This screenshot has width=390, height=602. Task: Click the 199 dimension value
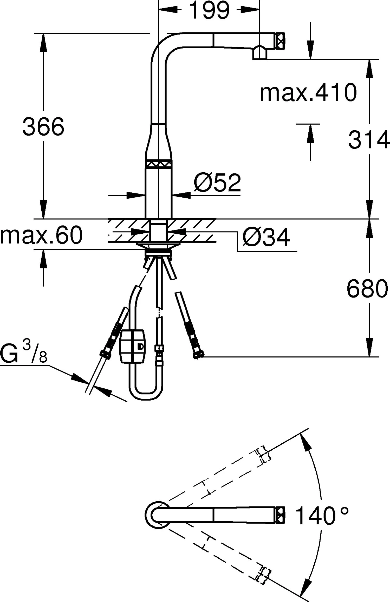pos(210,10)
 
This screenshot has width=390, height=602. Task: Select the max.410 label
pos(308,92)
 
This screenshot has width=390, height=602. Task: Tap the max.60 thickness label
pos(41,235)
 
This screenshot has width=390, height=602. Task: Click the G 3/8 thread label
pos(24,352)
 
